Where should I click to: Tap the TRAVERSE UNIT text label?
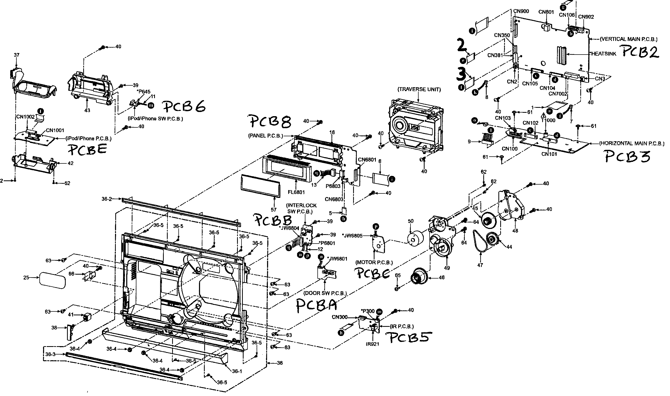click(x=419, y=90)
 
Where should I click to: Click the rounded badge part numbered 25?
click(x=52, y=280)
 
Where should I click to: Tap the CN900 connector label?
click(x=521, y=11)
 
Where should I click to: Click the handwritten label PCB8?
click(x=270, y=122)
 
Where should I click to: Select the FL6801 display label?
click(x=297, y=192)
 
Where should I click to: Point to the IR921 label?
click(x=372, y=344)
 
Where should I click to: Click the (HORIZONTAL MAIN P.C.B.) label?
click(x=632, y=144)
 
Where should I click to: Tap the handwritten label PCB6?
click(x=184, y=107)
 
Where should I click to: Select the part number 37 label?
click(x=16, y=55)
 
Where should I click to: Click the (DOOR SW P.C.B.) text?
click(x=325, y=293)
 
